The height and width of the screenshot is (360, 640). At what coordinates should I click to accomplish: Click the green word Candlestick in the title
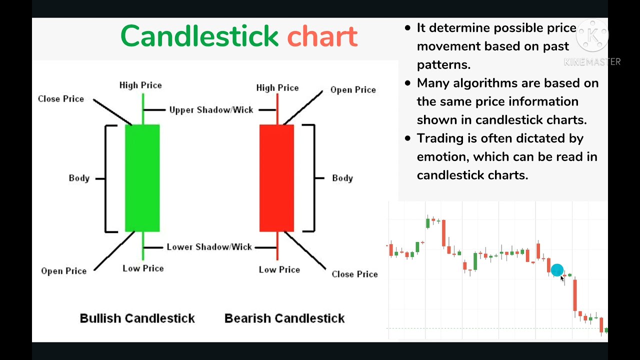[199, 36]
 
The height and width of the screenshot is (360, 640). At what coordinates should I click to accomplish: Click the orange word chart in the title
[322, 36]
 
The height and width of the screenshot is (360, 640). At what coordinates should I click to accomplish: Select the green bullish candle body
[142, 178]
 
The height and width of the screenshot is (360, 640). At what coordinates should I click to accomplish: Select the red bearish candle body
[276, 178]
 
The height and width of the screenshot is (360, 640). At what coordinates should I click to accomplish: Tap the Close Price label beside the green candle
[60, 99]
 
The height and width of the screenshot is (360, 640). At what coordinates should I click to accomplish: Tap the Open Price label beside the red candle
[353, 90]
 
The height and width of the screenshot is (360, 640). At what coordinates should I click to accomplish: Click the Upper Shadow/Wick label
[211, 110]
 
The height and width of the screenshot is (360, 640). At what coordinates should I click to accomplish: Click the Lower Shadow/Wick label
[209, 247]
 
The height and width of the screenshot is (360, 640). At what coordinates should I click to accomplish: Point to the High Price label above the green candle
[140, 85]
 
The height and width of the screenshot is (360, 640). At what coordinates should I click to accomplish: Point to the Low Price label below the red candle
[279, 270]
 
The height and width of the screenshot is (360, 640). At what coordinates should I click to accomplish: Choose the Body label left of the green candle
[79, 178]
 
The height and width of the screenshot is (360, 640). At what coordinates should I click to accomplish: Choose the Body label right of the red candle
[342, 178]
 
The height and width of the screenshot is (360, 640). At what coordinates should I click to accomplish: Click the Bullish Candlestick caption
[137, 318]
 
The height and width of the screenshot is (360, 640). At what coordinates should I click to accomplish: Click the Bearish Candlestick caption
[284, 318]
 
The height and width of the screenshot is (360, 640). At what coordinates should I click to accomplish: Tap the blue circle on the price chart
[556, 270]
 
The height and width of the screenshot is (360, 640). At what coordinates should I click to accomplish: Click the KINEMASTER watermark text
[592, 62]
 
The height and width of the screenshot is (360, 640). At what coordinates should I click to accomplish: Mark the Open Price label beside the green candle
[63, 271]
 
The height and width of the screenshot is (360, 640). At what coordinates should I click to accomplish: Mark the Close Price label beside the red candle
[354, 274]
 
